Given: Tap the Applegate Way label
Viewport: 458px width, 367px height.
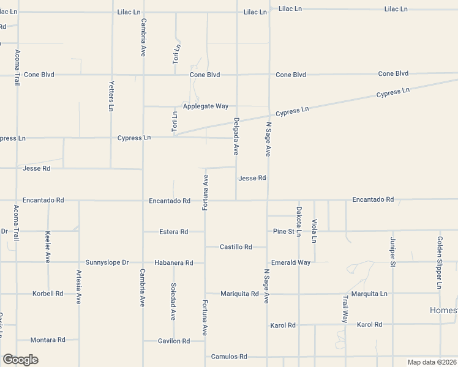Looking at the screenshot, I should point(206,106).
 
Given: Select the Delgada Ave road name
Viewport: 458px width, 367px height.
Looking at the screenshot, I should point(236,136).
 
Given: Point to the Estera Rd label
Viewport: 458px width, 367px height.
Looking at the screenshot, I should point(173,232).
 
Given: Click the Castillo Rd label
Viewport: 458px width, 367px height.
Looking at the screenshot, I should point(236,247).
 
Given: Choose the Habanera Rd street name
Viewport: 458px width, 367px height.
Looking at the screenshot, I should point(174,263).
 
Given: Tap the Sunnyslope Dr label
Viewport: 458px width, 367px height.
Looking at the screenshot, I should point(107,262).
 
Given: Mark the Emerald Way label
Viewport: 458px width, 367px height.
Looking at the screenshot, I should point(291,262).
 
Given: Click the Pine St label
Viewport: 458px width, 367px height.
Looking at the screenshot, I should point(284,231).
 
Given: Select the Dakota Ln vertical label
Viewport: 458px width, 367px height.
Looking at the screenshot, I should point(299,221).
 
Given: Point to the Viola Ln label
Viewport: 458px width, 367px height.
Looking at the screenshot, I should point(314,231).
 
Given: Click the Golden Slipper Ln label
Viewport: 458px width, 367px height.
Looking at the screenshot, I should point(440,262).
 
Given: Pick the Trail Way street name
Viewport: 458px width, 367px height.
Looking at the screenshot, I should point(345,309).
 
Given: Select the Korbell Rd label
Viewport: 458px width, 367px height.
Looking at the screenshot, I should point(48,294).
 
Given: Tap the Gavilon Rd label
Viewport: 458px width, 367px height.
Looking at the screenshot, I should point(173,341).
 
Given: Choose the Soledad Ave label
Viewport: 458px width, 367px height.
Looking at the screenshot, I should point(174,302).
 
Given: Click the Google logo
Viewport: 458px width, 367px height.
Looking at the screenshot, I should point(20,360).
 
